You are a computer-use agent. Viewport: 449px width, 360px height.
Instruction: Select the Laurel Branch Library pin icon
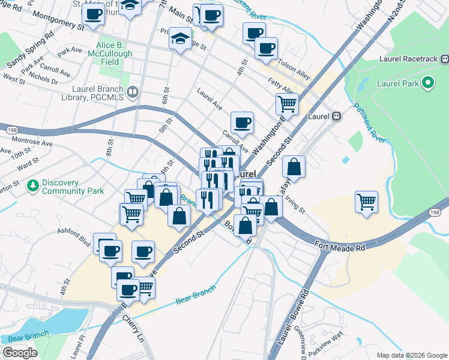(x=133, y=92)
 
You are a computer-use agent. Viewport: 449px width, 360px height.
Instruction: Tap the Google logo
(x=20, y=353)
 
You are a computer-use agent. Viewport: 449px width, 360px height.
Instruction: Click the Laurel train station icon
(x=337, y=116)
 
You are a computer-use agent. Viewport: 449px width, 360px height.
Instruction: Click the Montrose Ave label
(x=35, y=143)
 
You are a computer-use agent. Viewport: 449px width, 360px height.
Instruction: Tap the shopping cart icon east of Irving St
(x=366, y=202)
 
